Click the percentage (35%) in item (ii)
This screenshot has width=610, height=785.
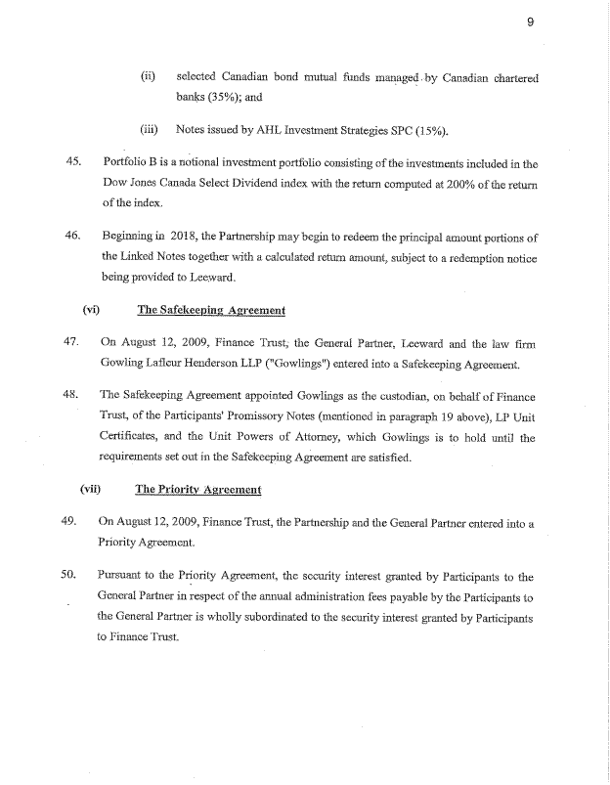[229, 97]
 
